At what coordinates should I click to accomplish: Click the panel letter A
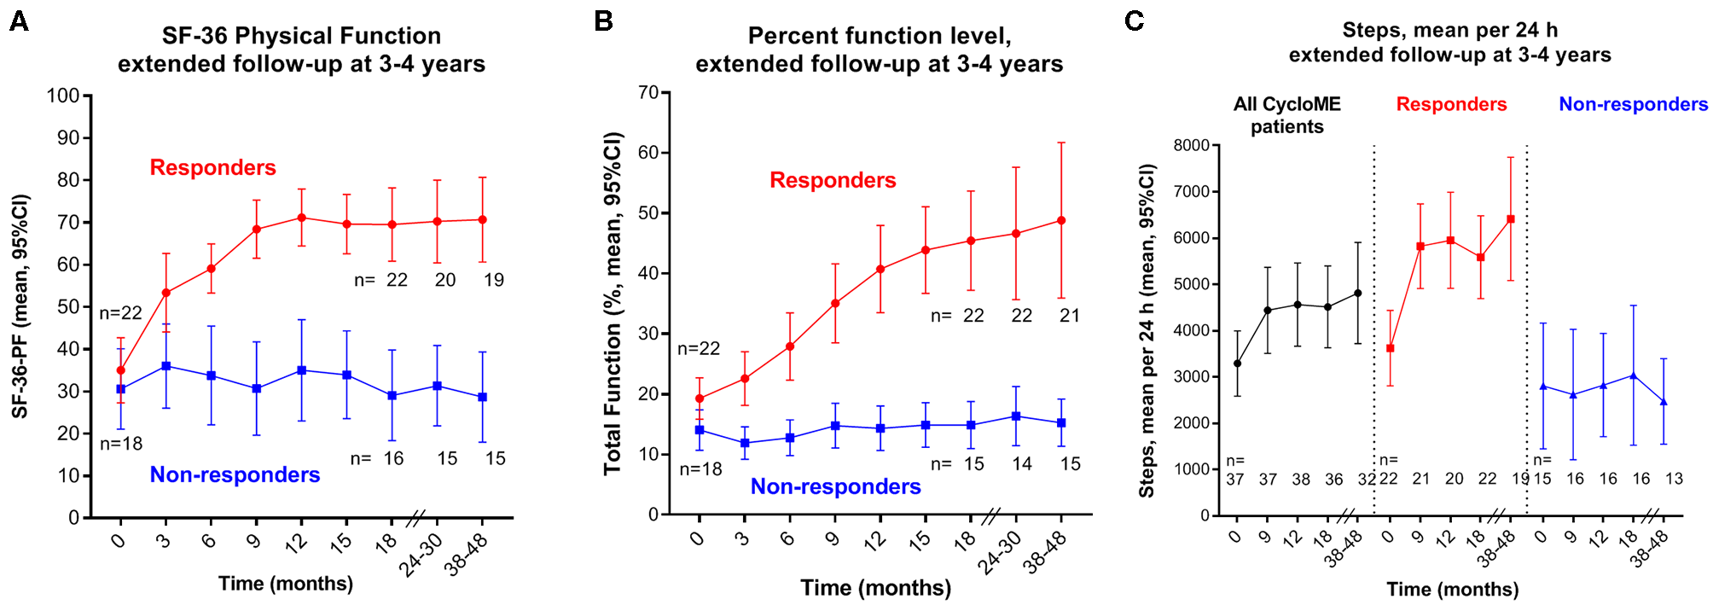pos(19,21)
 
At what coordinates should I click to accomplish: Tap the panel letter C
pos(1134,20)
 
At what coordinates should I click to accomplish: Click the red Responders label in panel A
pos(212,167)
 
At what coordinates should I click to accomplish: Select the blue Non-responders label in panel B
pos(835,486)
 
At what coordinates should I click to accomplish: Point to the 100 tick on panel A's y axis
pos(63,96)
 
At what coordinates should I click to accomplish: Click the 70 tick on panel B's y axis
pos(649,92)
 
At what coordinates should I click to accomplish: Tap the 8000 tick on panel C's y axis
pos(1191,145)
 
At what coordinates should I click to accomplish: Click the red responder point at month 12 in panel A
pos(301,218)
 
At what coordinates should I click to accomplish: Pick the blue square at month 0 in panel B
pos(700,430)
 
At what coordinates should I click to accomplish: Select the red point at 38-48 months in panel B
pos(1061,220)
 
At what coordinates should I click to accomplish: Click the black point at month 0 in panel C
pos(1237,364)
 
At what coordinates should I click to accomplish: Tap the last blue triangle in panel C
pos(1664,402)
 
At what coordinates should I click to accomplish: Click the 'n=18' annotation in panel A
pos(121,444)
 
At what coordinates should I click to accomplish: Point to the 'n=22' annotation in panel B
pos(699,348)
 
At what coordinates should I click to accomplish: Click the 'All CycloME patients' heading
pos(1286,115)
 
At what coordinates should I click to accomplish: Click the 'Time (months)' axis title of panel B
pos(875,588)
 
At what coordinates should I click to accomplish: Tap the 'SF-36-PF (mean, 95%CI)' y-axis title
pos(20,306)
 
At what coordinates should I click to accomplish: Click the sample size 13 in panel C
pos(1674,479)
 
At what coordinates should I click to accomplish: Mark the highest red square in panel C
pos(1511,219)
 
